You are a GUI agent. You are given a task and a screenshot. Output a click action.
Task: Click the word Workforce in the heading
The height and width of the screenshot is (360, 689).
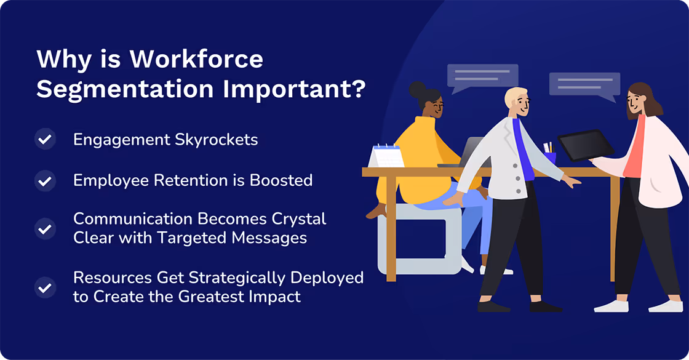(196, 60)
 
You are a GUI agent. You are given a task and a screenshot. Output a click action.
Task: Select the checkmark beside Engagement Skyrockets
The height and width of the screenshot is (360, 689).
(45, 140)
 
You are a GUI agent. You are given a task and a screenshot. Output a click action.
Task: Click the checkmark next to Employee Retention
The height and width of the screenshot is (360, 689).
(45, 181)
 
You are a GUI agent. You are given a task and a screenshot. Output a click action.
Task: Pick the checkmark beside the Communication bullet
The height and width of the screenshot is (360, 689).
(45, 229)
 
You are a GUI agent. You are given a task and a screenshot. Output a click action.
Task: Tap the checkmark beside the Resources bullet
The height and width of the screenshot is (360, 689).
(45, 287)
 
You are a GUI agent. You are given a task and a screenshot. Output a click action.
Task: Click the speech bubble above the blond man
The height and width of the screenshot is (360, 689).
(482, 78)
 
